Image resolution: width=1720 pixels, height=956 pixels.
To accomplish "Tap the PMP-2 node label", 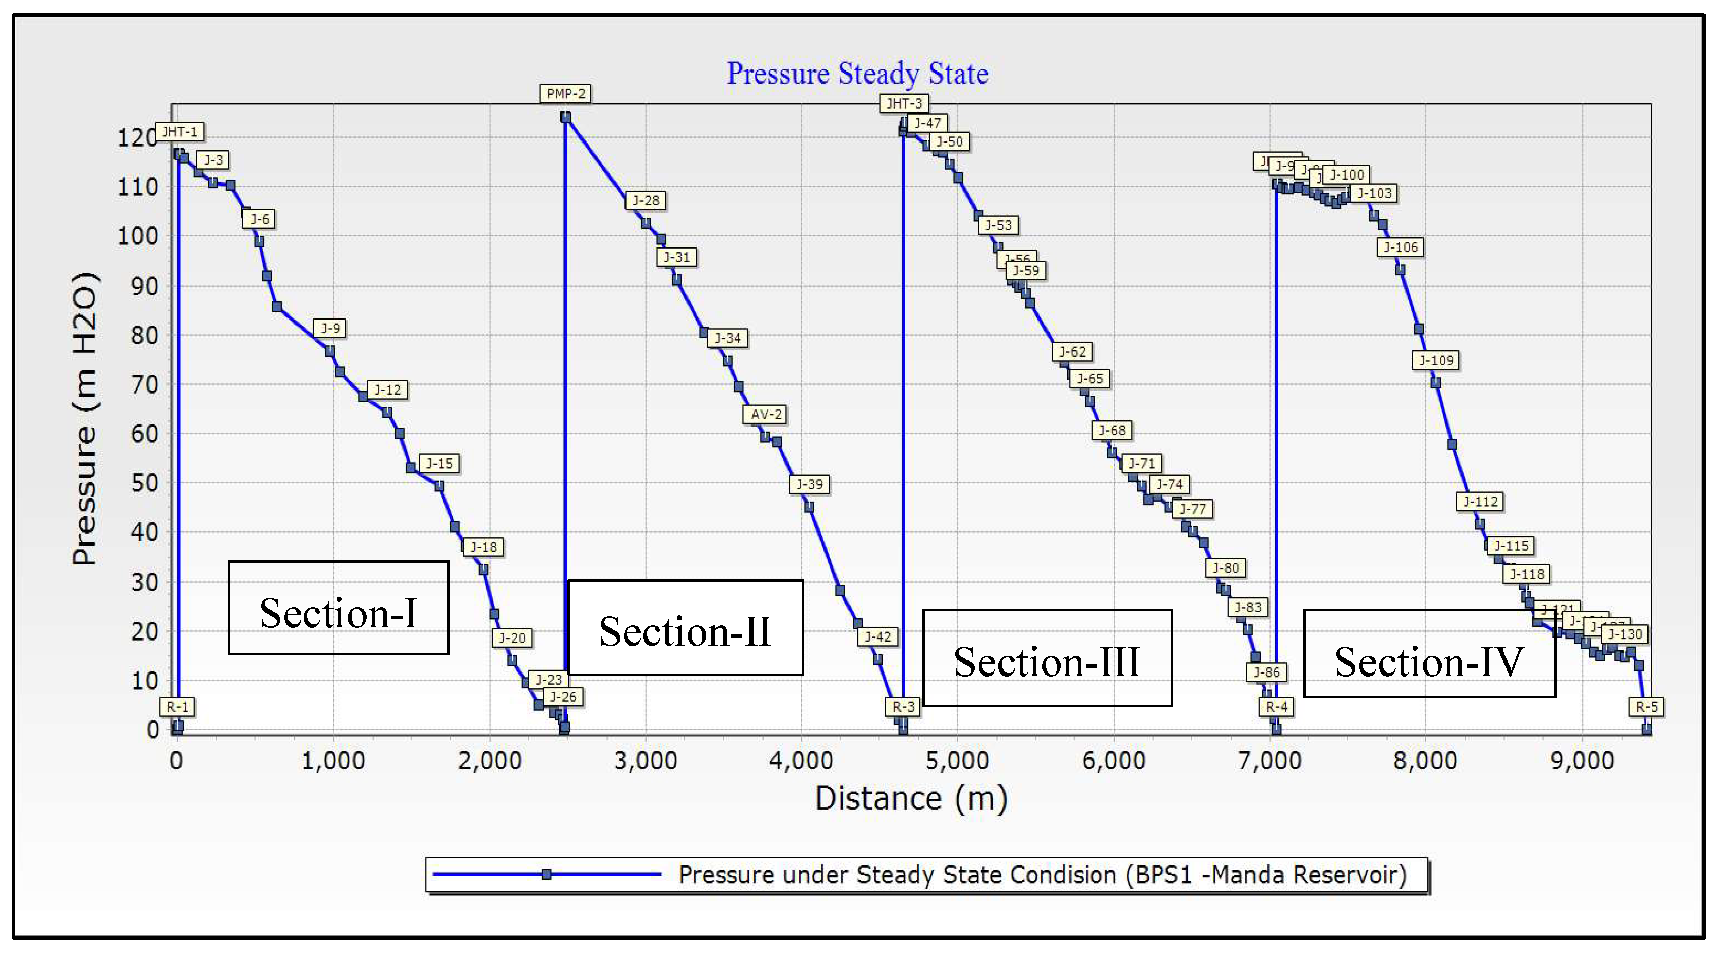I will (x=565, y=93).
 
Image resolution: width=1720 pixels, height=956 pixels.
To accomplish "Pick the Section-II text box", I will (x=685, y=627).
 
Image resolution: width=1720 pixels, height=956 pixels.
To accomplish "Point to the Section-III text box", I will (x=1047, y=658).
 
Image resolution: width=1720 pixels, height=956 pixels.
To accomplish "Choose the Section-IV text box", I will (x=1429, y=654).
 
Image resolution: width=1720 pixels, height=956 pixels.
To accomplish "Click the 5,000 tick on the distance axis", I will (x=957, y=760).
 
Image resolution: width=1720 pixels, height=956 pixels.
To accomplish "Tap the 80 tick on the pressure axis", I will (x=144, y=335).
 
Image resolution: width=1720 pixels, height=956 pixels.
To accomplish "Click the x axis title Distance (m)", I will (x=911, y=798).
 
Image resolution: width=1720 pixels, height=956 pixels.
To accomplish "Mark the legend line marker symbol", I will (x=546, y=874).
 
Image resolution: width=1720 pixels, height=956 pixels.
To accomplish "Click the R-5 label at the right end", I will (x=1646, y=706).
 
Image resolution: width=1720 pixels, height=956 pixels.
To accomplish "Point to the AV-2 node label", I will (x=765, y=414).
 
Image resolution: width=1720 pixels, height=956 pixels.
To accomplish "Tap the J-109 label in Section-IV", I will (x=1436, y=360).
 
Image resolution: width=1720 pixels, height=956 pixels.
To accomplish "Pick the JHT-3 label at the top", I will (x=904, y=103).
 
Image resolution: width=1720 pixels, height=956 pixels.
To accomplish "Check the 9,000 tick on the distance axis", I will (x=1581, y=760).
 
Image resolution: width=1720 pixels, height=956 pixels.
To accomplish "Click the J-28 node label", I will (x=646, y=200).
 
